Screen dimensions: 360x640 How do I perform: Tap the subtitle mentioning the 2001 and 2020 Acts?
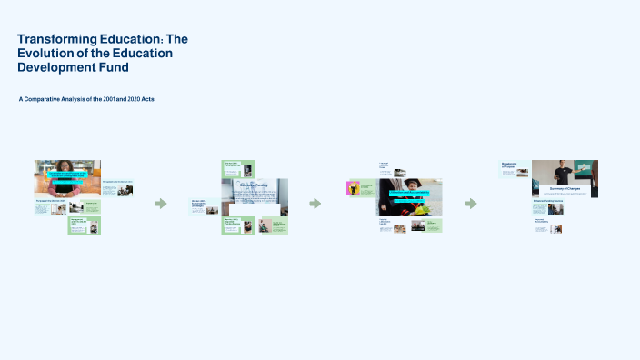tap(86, 98)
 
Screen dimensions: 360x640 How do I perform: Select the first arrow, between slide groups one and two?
tap(161, 204)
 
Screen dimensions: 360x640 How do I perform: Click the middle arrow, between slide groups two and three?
tap(315, 204)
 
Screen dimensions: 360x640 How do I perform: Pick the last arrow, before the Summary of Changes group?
tap(471, 204)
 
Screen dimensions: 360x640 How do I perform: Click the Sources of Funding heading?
tap(255, 185)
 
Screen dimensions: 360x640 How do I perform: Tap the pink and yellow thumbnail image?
tap(353, 188)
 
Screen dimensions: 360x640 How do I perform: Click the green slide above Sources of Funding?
tap(237, 168)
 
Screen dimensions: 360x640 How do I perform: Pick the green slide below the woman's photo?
tap(84, 225)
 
